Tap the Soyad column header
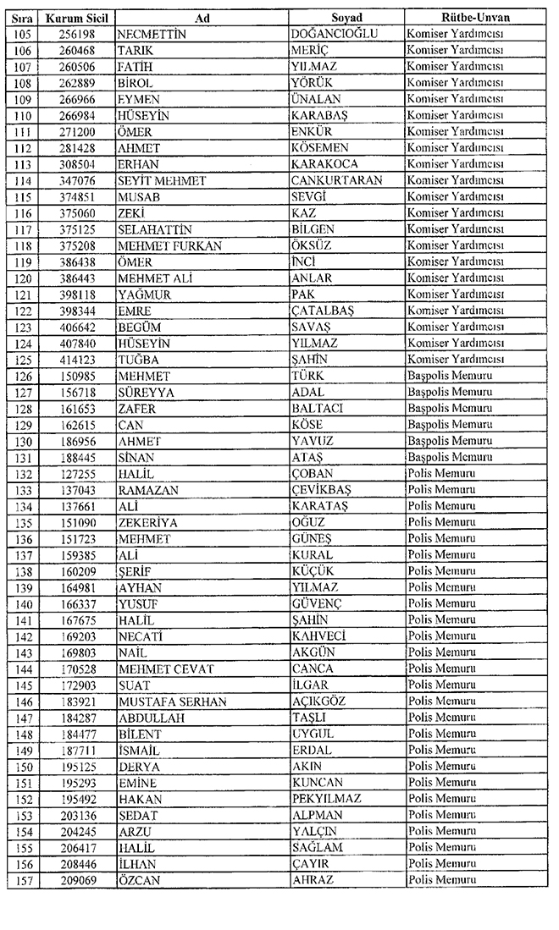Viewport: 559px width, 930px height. click(346, 18)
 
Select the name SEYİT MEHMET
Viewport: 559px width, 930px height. click(155, 180)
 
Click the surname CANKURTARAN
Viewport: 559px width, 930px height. click(336, 180)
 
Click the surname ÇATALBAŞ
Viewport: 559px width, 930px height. click(322, 311)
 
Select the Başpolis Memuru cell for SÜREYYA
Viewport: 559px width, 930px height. click(449, 392)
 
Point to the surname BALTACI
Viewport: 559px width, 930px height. click(318, 408)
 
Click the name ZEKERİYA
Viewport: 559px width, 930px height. click(148, 522)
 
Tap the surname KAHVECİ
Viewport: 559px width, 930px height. click(318, 636)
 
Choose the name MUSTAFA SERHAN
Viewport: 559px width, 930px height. click(167, 702)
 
